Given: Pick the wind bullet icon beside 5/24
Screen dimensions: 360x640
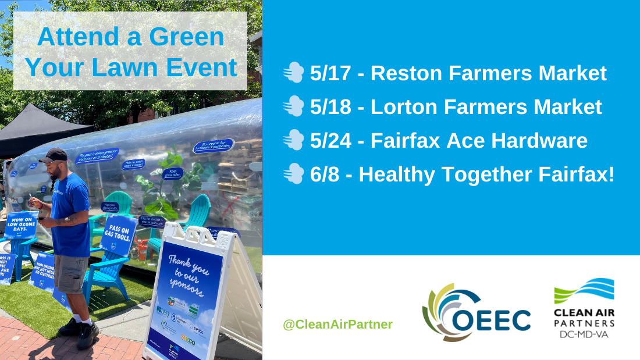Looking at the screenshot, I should (293, 141).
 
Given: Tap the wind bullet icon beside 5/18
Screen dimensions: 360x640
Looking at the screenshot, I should (293, 107).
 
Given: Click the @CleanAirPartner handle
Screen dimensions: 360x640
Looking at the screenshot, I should (337, 325).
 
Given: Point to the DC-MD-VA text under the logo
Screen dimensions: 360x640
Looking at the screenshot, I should (583, 335).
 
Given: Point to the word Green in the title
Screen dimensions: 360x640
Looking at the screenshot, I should (187, 37).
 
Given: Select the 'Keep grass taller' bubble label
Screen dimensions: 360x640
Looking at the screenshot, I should (172, 173).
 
